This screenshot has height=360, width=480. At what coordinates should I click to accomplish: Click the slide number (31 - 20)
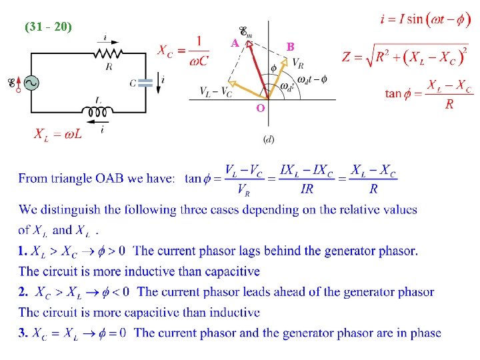point(49,27)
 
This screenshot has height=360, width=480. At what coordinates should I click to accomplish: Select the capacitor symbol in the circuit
point(146,82)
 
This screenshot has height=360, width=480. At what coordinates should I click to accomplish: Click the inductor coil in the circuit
point(99,112)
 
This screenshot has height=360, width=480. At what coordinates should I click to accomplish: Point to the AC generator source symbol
point(30,82)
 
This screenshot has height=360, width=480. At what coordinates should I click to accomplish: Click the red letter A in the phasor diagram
point(235,43)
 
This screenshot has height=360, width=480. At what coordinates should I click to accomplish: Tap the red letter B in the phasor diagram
point(290,47)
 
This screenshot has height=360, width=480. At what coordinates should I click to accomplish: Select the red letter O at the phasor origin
point(260,107)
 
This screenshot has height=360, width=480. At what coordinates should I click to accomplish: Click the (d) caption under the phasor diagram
point(269,139)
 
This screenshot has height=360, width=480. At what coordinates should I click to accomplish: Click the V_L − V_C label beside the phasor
point(216,92)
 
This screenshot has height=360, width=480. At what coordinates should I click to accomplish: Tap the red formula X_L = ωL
point(59,135)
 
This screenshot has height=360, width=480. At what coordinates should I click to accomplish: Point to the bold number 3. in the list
point(23,333)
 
